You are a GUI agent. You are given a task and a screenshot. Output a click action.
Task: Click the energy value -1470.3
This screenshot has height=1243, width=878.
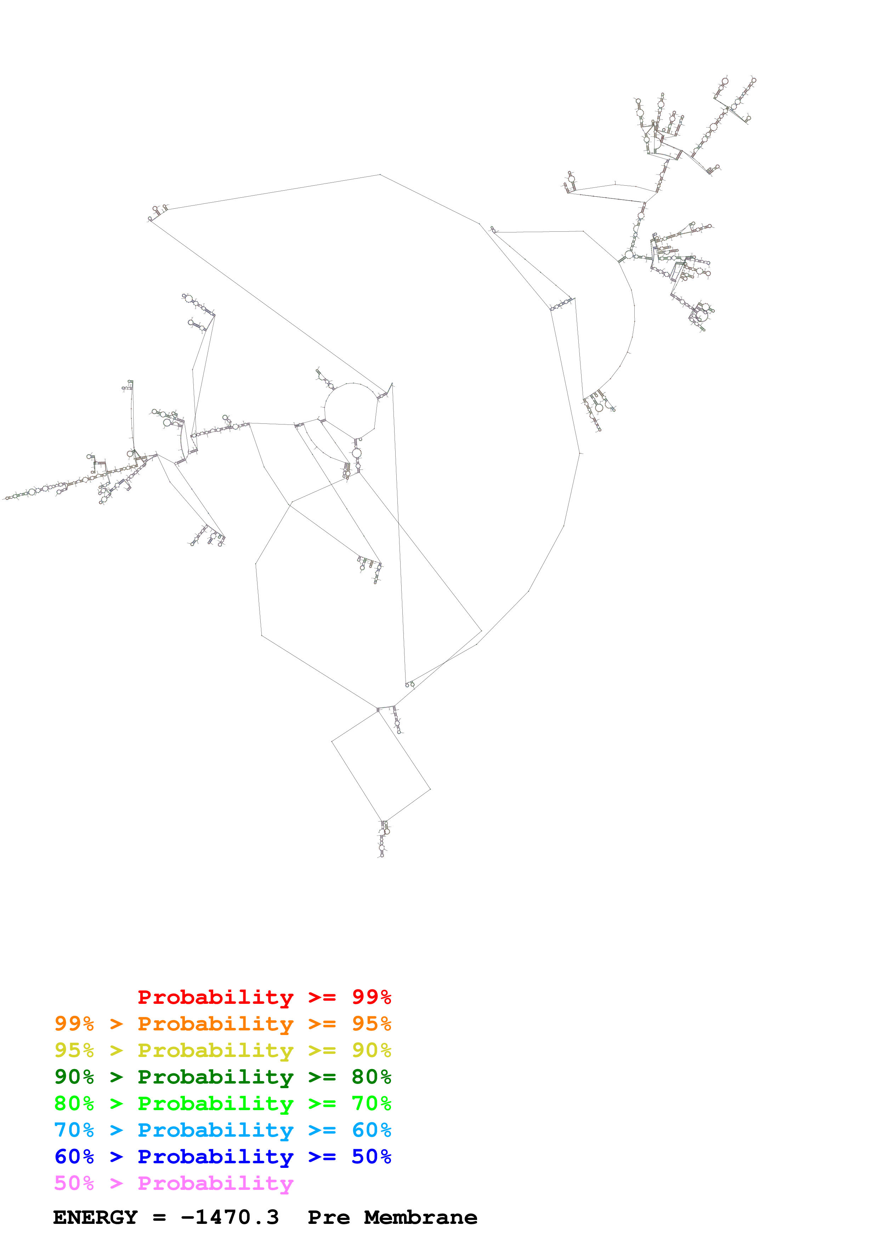click(x=230, y=1217)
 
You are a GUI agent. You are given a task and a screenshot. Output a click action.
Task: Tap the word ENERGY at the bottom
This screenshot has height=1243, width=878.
click(x=95, y=1217)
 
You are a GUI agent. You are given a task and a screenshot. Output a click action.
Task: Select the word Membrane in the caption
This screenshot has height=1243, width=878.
click(x=420, y=1217)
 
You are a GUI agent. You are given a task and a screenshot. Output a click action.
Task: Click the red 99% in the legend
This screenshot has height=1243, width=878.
click(x=371, y=997)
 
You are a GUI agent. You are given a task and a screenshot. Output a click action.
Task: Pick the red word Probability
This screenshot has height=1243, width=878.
click(x=215, y=997)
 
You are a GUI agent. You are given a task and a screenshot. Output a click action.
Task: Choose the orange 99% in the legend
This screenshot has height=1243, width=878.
click(x=74, y=1024)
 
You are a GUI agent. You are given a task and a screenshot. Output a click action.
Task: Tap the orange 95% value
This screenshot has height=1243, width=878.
click(x=371, y=1024)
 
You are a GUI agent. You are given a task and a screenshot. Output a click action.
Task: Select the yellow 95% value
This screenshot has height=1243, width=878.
click(x=74, y=1050)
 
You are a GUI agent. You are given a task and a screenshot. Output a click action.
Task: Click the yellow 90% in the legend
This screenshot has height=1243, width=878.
click(x=371, y=1050)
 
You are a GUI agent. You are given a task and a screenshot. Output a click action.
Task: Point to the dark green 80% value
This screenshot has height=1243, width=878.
click(x=371, y=1077)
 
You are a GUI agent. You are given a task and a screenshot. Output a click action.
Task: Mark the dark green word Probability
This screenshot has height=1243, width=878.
click(x=215, y=1077)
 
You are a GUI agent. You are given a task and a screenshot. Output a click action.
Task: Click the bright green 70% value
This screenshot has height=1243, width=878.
click(x=371, y=1103)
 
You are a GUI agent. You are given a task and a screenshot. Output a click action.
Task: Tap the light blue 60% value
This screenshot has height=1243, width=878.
click(x=371, y=1130)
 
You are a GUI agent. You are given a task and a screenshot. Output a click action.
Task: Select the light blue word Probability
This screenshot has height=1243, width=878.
click(x=215, y=1130)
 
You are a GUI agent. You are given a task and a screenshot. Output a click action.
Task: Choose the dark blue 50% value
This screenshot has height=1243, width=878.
click(x=371, y=1157)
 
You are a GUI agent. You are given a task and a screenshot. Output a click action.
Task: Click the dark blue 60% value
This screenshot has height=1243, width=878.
click(x=74, y=1157)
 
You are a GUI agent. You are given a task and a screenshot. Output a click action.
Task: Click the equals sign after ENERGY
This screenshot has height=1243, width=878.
click(x=159, y=1217)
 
